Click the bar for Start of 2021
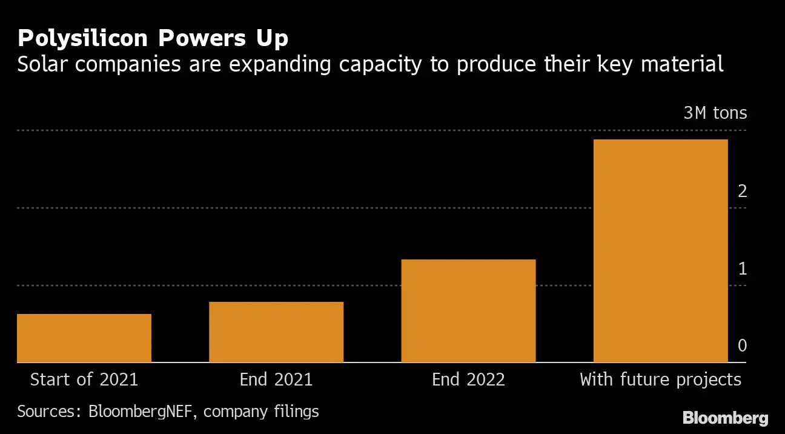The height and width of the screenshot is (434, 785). point(84,338)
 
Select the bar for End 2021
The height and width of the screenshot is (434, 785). point(276,332)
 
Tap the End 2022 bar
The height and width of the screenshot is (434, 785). point(468,311)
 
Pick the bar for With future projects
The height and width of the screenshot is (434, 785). point(660,251)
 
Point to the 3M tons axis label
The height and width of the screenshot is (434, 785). point(715,113)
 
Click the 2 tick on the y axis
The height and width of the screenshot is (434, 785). point(742,192)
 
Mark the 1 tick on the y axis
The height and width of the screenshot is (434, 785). point(742,269)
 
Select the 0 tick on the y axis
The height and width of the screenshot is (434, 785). point(742,346)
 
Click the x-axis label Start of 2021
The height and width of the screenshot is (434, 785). point(84,380)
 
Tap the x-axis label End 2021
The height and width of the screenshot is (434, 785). point(276,380)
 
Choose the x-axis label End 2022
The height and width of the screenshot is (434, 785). point(468,380)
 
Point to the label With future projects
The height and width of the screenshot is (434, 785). point(660,380)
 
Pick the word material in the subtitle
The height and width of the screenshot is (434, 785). point(684,64)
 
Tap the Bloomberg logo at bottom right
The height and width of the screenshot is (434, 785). point(725,418)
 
